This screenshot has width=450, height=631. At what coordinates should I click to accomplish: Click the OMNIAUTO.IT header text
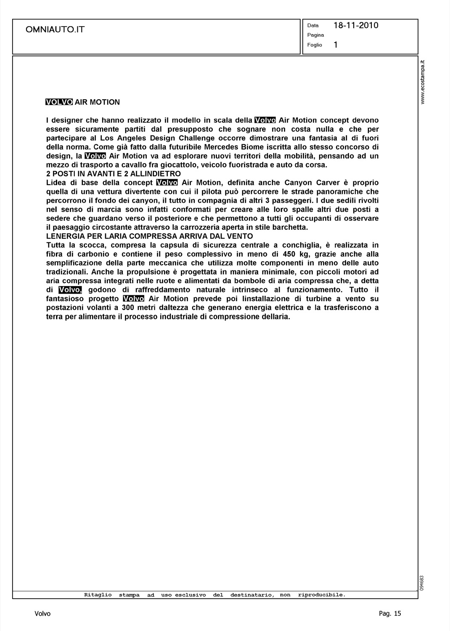[55, 29]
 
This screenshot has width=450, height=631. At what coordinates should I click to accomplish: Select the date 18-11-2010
[356, 25]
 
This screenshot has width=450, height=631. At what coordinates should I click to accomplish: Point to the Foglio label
[315, 45]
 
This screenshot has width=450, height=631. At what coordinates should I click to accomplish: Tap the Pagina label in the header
[315, 35]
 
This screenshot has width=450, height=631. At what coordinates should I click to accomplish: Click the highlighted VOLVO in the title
[59, 102]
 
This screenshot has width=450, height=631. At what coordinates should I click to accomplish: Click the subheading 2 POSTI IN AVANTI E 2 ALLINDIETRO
[114, 174]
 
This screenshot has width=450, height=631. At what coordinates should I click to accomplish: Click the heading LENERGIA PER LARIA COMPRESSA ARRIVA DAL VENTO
[149, 236]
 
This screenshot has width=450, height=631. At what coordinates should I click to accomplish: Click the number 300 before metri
[122, 308]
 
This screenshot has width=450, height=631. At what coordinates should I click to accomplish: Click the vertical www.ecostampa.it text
[424, 82]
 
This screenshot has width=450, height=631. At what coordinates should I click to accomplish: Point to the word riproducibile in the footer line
[321, 595]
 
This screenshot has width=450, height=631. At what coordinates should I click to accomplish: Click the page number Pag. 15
[390, 614]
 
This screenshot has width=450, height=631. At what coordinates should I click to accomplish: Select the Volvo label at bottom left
[42, 614]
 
